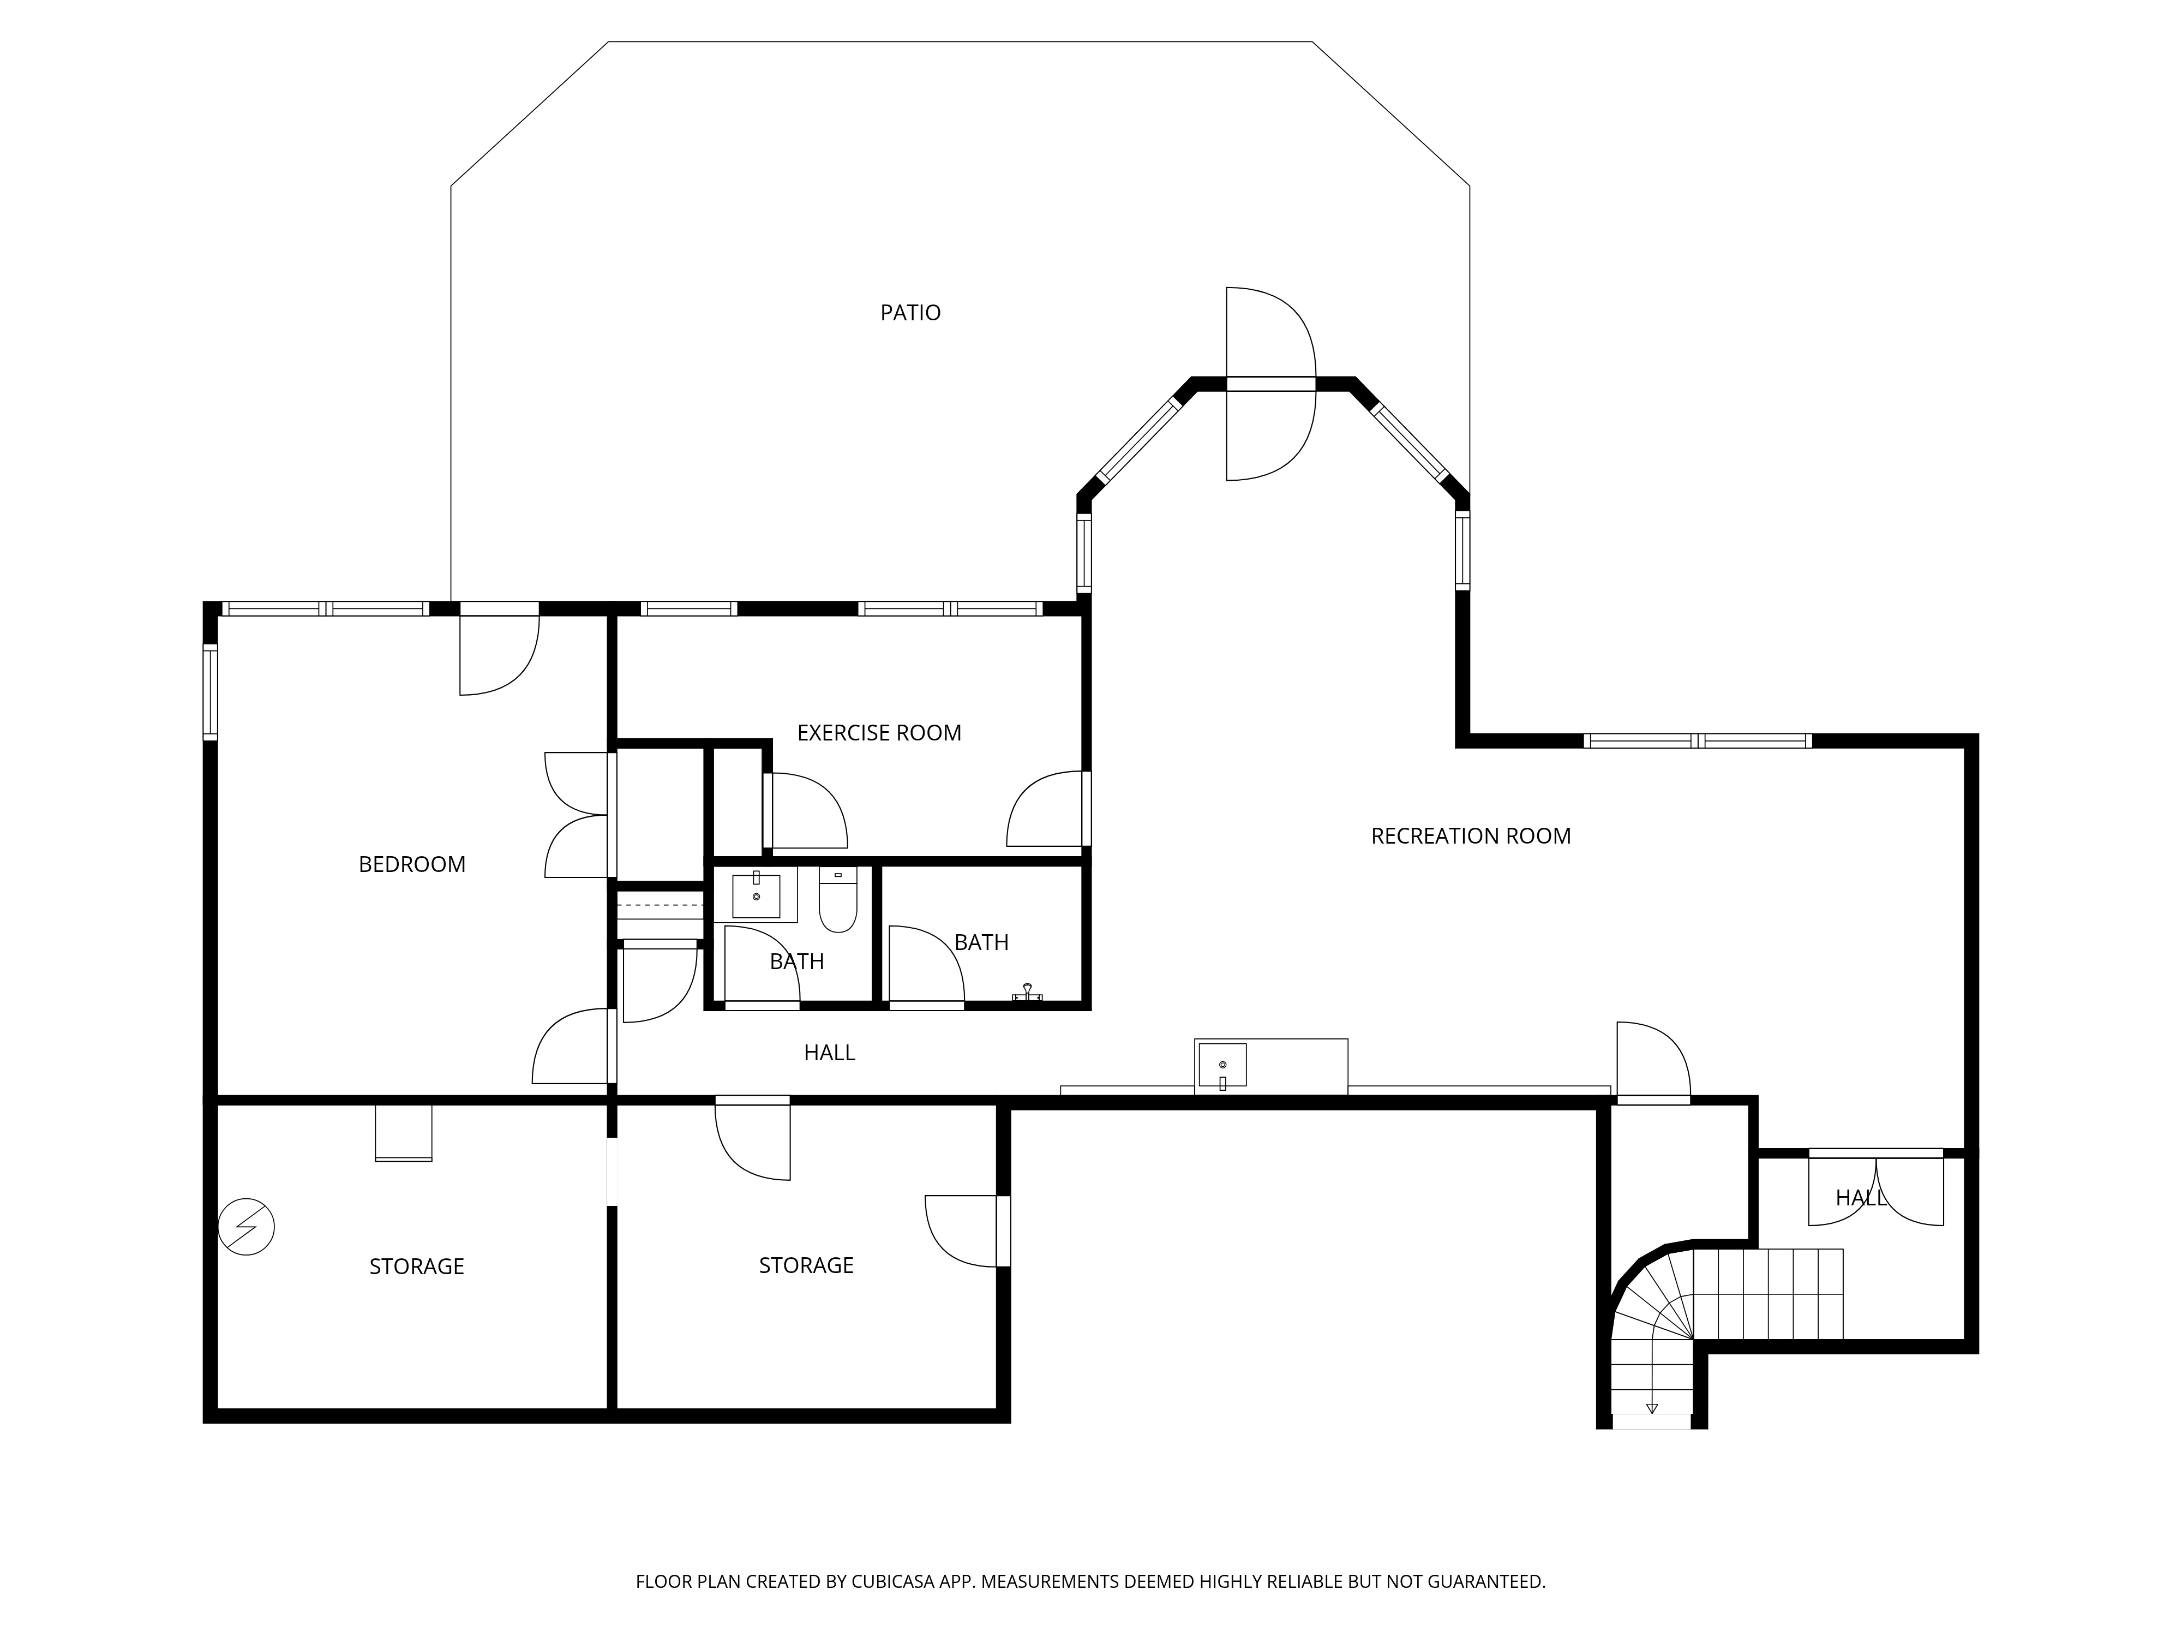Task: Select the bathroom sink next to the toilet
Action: [x=756, y=895]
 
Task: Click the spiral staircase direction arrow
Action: [x=1651, y=1408]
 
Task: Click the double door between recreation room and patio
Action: [x=1270, y=384]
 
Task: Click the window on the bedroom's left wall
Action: [x=210, y=692]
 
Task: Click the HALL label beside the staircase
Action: [x=1860, y=1198]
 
